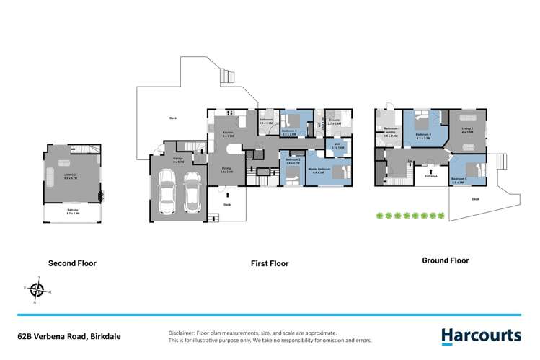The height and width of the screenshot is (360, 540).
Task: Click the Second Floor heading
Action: pyautogui.click(x=71, y=263)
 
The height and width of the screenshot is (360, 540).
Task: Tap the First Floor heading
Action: pyautogui.click(x=270, y=263)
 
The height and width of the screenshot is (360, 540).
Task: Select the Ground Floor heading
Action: pyautogui.click(x=445, y=260)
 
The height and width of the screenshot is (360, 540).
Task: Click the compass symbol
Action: pyautogui.click(x=37, y=290)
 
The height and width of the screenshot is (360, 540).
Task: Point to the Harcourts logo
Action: pyautogui.click(x=481, y=335)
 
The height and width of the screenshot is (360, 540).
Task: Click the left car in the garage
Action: pyautogui.click(x=167, y=191)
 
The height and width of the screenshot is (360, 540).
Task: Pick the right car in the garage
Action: pyautogui.click(x=191, y=191)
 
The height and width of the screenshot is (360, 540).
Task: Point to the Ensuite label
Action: pyautogui.click(x=335, y=121)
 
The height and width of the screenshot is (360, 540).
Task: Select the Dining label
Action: pyautogui.click(x=225, y=170)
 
